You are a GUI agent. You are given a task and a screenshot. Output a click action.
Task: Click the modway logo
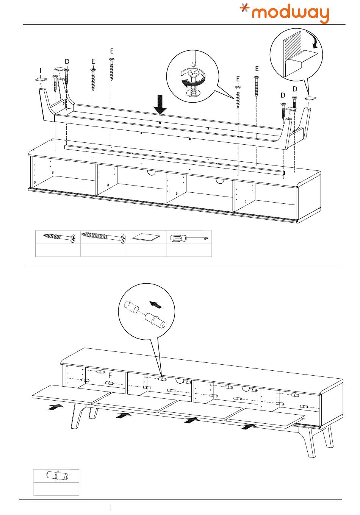pyautogui.click(x=285, y=13)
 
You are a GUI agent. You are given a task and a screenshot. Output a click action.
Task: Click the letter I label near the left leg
pyautogui.click(x=41, y=71)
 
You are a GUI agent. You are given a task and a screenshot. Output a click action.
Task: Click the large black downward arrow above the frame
pyautogui.click(x=160, y=105)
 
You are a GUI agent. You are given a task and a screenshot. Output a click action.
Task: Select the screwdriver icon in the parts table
pyautogui.click(x=189, y=237)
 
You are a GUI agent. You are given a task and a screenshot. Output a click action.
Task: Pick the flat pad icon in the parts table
pyautogui.click(x=146, y=237)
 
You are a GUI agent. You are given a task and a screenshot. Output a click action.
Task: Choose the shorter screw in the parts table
pyautogui.click(x=59, y=237)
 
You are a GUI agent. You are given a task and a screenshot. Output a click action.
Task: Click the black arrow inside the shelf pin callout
pyautogui.click(x=155, y=304)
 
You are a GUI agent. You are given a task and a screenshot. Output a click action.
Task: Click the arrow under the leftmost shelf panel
pyautogui.click(x=56, y=407)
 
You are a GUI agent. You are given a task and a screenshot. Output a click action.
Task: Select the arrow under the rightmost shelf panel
pyautogui.click(x=249, y=427)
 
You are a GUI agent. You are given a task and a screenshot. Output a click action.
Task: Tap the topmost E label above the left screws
pyautogui.click(x=112, y=51)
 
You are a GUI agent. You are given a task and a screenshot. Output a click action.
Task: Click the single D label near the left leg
pyautogui.click(x=67, y=62)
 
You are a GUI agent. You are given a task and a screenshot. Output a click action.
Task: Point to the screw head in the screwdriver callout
pyautogui.click(x=193, y=74)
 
